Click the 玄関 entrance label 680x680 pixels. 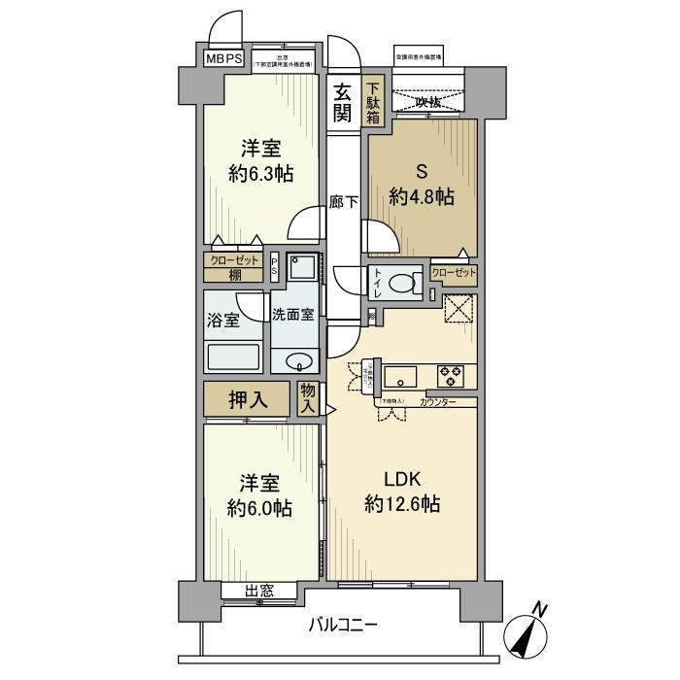pos(342,103)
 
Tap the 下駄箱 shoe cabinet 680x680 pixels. pos(373,103)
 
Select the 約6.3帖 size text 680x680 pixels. pos(261,175)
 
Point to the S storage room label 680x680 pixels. pos(422,172)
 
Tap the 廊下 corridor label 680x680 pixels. pos(341,203)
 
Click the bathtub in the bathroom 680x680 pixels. pos(233,357)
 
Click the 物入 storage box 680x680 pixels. pos(309,399)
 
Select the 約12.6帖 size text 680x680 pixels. pos(402,504)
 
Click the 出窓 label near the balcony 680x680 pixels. pos(258,590)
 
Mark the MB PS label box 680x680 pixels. pos(223,58)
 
